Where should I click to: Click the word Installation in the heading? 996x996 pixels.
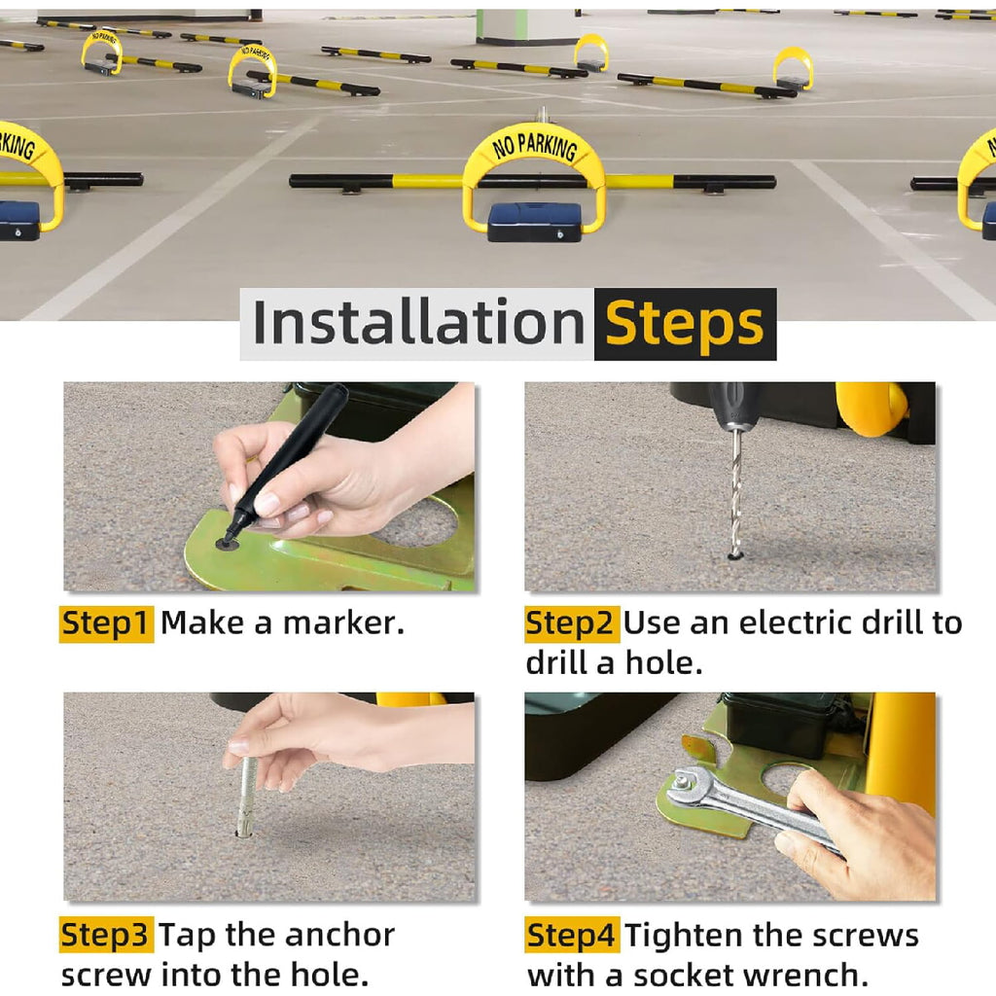pyautogui.click(x=418, y=323)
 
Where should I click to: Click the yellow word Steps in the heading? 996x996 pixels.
pyautogui.click(x=684, y=325)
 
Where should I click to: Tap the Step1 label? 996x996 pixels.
pyautogui.click(x=106, y=623)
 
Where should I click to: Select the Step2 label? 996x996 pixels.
pyautogui.click(x=570, y=623)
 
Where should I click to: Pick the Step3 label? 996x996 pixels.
pyautogui.click(x=106, y=935)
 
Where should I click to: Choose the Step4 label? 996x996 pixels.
pyautogui.click(x=571, y=935)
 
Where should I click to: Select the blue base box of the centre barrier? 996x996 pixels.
pyautogui.click(x=534, y=222)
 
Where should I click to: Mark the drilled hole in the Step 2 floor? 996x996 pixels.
pyautogui.click(x=735, y=556)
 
